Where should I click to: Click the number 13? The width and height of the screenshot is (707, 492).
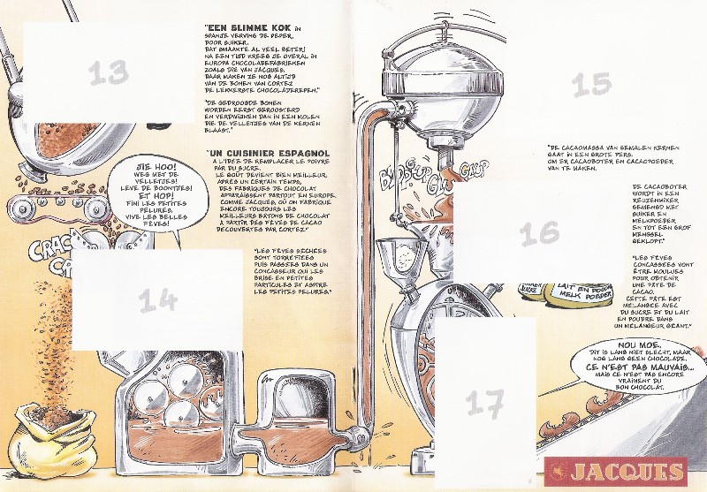point(109,72)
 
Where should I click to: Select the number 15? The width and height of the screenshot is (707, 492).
point(591,85)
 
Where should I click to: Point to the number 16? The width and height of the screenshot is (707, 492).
point(539,233)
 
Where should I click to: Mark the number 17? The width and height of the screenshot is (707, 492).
point(484,405)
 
